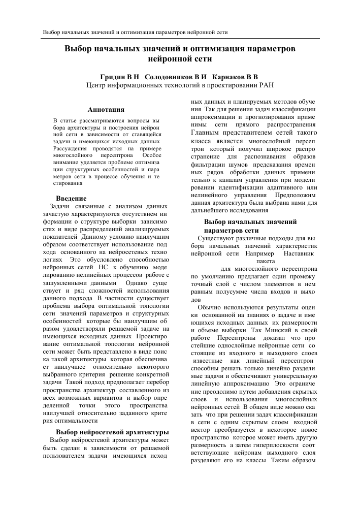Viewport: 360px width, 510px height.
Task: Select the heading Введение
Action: [x=71, y=198]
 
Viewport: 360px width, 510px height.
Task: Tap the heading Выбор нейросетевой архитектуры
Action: [x=112, y=432]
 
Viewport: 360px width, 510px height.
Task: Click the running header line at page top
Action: [x=135, y=31]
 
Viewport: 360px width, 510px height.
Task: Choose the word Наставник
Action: [x=299, y=252]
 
